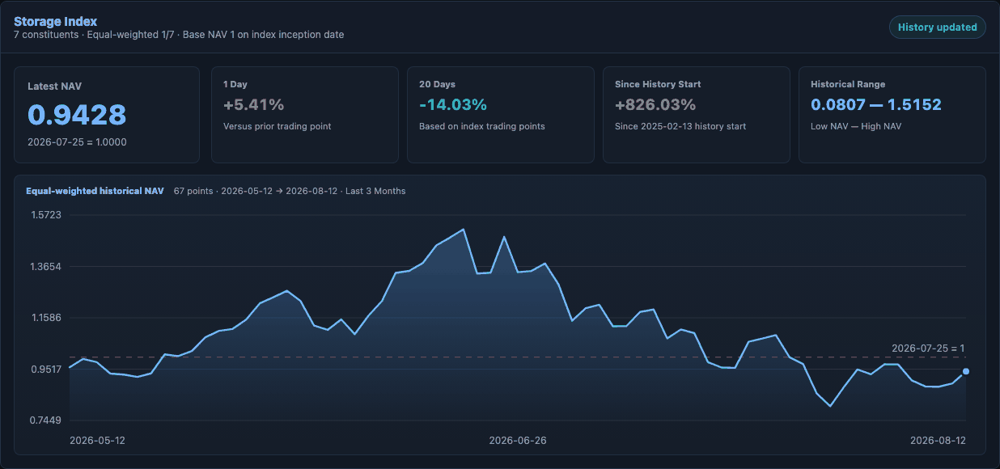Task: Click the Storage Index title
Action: pyautogui.click(x=55, y=21)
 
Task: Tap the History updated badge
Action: pyautogui.click(x=937, y=27)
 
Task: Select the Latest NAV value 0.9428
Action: pyautogui.click(x=77, y=115)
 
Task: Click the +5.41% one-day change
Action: pyautogui.click(x=253, y=105)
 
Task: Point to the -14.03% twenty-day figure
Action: pyautogui.click(x=453, y=105)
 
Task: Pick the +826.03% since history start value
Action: pyautogui.click(x=655, y=105)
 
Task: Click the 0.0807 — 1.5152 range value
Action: pyautogui.click(x=876, y=105)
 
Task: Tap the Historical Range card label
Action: pyautogui.click(x=848, y=84)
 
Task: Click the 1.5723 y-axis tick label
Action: pyautogui.click(x=46, y=215)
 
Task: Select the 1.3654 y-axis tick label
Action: pyautogui.click(x=46, y=267)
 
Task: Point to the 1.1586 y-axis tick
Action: pyautogui.click(x=46, y=318)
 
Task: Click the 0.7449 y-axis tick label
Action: pyautogui.click(x=46, y=420)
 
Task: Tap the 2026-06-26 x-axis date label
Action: pyautogui.click(x=518, y=441)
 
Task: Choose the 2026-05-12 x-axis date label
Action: pyautogui.click(x=97, y=441)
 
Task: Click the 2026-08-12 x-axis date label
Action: pyautogui.click(x=938, y=441)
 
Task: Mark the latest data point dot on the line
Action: pyautogui.click(x=966, y=371)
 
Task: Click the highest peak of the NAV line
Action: pyautogui.click(x=464, y=230)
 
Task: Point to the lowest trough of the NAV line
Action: pyautogui.click(x=830, y=406)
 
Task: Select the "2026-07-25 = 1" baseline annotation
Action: pyautogui.click(x=928, y=348)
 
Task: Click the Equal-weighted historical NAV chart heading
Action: pyautogui.click(x=95, y=191)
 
